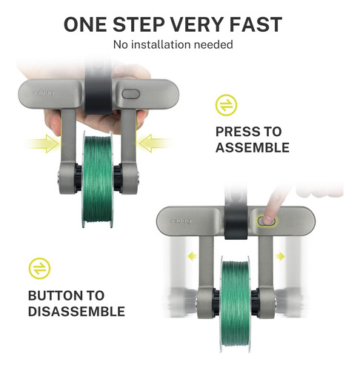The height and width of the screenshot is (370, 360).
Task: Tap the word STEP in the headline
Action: pyautogui.click(x=139, y=24)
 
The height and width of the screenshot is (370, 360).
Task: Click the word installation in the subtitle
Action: pyautogui.click(x=161, y=44)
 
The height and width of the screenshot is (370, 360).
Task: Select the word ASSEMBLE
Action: pyautogui.click(x=253, y=148)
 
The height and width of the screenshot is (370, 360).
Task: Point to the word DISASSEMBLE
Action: pyautogui.click(x=76, y=312)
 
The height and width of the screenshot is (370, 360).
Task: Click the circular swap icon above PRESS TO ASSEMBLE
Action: pyautogui.click(x=226, y=105)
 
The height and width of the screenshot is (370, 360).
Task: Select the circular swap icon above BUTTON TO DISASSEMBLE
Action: pyautogui.click(x=39, y=269)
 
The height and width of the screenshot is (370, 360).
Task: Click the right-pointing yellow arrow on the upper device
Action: pyautogui.click(x=44, y=144)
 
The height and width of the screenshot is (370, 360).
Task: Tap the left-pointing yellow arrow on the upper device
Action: pyautogui.click(x=155, y=144)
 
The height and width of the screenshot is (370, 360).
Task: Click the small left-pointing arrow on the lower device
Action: pyautogui.click(x=193, y=256)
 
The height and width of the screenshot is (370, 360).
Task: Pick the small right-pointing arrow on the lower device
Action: pyautogui.click(x=280, y=257)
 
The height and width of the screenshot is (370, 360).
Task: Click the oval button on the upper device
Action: pyautogui.click(x=131, y=94)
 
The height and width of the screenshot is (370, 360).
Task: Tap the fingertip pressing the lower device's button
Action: pyautogui.click(x=268, y=219)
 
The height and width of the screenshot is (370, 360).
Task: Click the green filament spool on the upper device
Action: pyautogui.click(x=97, y=179)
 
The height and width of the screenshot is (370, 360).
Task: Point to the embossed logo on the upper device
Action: pyautogui.click(x=44, y=93)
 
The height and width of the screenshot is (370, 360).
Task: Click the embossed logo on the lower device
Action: pyautogui.click(x=181, y=221)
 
